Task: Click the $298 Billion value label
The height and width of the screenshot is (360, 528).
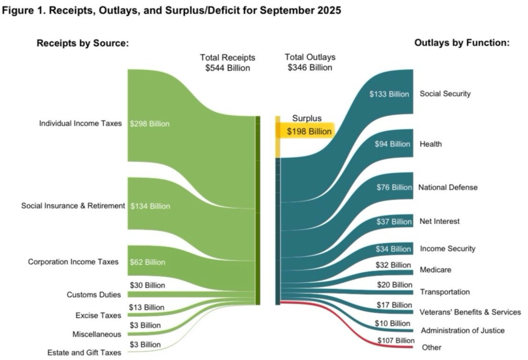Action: (x=150, y=124)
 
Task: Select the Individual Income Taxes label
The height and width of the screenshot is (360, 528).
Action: (x=80, y=123)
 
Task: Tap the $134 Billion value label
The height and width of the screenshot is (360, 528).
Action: (x=150, y=206)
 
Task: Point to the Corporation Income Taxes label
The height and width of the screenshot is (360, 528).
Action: (x=73, y=262)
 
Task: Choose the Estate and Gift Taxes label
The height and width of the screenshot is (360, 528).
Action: (x=84, y=352)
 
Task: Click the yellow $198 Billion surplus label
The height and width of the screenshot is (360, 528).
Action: (x=309, y=131)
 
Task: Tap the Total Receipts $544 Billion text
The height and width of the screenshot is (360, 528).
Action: (x=228, y=63)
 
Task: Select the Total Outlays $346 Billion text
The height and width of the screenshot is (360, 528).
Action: (x=310, y=63)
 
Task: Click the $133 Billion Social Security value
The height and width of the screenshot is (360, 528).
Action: (x=389, y=94)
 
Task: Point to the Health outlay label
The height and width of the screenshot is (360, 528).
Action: (x=431, y=144)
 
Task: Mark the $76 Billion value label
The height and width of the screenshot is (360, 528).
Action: (x=394, y=187)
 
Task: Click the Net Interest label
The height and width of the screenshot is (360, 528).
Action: (x=440, y=221)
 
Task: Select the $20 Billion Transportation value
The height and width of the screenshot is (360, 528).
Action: (x=395, y=285)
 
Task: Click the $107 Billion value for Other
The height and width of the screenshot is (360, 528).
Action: (x=394, y=340)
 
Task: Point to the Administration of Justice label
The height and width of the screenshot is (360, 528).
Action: (x=462, y=330)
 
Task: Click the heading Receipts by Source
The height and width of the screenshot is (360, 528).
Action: (x=83, y=44)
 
